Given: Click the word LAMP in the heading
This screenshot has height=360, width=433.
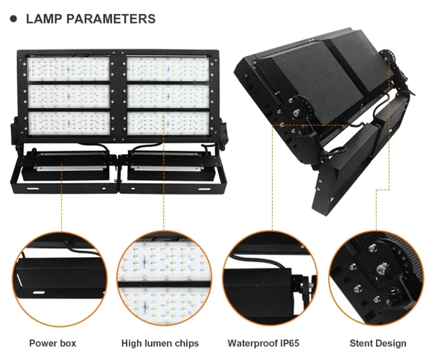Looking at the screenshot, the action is tap(44, 19).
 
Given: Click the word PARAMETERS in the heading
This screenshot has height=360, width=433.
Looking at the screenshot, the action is tap(111, 19).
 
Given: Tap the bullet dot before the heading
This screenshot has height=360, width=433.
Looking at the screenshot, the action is tap(13, 19).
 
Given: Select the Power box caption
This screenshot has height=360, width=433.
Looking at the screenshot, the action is tap(53, 343).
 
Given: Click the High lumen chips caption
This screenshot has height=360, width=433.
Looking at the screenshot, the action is tap(160, 343).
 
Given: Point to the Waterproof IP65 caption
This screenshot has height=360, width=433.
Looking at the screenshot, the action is tap(264, 343).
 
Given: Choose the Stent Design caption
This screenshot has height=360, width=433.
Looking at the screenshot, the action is tap(378, 343).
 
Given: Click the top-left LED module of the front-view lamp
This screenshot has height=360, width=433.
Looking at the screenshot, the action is tap(69, 69).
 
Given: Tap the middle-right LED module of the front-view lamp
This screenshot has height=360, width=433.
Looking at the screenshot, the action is tap(168, 97).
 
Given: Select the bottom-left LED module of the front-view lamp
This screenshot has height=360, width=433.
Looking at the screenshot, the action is tap(69, 124).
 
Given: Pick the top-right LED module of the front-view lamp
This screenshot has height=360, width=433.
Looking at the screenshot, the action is tap(168, 69).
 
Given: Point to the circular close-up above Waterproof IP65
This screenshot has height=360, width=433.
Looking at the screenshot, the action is tap(270, 279).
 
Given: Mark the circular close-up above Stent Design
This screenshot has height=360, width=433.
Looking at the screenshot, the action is tap(376, 279).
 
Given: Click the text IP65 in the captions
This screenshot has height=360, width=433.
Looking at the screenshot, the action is tap(290, 343).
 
